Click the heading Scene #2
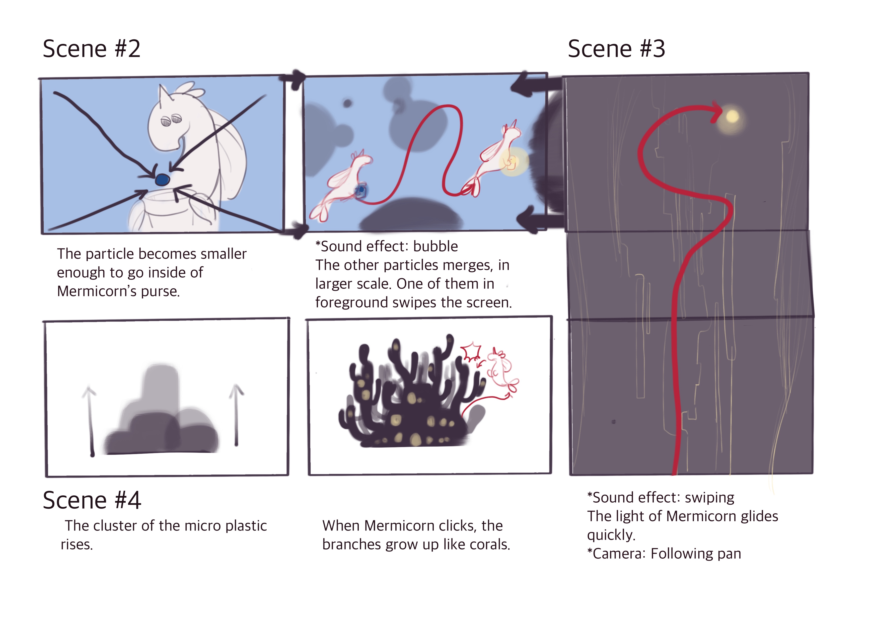pos(91,49)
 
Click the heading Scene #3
pos(616,49)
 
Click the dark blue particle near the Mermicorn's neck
pos(162,179)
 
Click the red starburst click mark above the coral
pos(471,352)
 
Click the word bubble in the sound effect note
pos(436,246)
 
